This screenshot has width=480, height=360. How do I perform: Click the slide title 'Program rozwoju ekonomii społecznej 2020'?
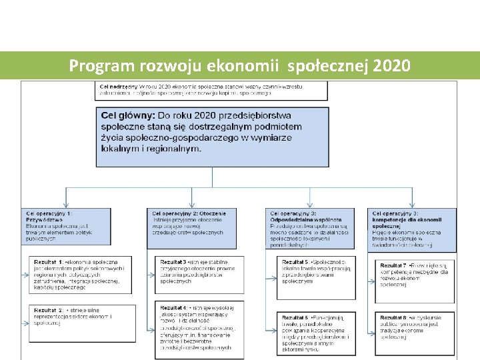pos(239,66)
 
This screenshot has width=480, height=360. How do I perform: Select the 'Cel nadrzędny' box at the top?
pos(212,90)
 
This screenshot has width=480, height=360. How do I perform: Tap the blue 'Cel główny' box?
pos(213,136)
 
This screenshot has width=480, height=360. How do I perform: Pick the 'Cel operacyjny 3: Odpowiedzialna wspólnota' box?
pos(311,227)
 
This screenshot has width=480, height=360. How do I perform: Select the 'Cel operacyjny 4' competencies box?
pos(412,227)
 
